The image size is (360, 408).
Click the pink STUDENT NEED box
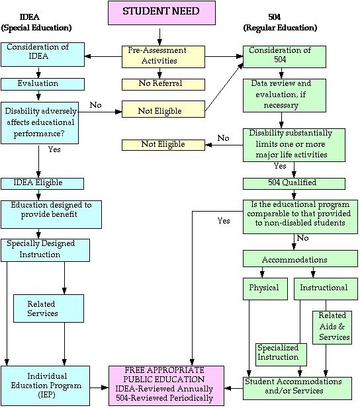tap(161, 13)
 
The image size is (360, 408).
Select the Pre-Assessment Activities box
tap(163, 57)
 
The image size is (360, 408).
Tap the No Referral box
tap(163, 85)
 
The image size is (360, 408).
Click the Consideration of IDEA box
tap(42, 54)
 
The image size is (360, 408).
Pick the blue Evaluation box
tap(42, 84)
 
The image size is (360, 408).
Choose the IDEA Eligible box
tap(42, 184)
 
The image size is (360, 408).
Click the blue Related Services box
tap(48, 308)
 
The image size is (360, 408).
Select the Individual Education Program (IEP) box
tap(45, 386)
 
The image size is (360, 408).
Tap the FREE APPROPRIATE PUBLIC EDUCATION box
tap(166, 386)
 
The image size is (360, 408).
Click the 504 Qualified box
tap(294, 184)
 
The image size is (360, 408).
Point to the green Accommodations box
tap(300, 259)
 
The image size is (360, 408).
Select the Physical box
tap(265, 289)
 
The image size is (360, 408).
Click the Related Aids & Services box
tap(332, 327)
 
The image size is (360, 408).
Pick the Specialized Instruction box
tap(281, 354)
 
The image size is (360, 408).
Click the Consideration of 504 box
tap(285, 57)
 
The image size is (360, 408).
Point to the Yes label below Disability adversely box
tap(54, 149)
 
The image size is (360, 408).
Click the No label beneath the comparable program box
tap(302, 238)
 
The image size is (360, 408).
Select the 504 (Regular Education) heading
tap(280, 22)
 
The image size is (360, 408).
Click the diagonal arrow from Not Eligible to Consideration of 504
tap(224, 87)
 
